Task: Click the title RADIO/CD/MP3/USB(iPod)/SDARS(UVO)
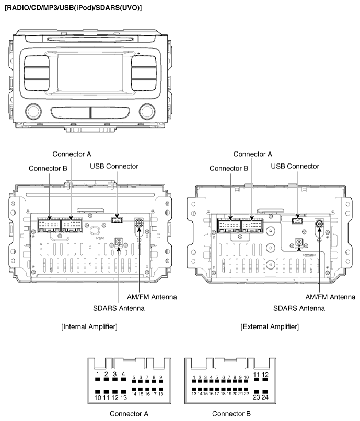(x=73, y=7)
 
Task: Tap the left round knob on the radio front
(x=33, y=111)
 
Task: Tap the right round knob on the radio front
(x=147, y=111)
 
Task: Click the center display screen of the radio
(x=90, y=73)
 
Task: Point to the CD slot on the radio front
(x=90, y=39)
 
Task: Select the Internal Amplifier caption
(x=89, y=327)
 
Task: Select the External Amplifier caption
(x=270, y=327)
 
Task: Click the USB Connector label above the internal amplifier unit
(x=114, y=166)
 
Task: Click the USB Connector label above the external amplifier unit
(x=295, y=166)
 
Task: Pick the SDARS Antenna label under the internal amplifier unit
(x=119, y=308)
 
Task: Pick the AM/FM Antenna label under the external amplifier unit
(x=330, y=297)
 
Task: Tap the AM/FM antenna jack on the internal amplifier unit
(x=139, y=223)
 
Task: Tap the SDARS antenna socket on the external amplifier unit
(x=299, y=243)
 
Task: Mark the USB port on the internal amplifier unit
(x=117, y=220)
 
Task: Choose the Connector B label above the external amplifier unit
(x=229, y=168)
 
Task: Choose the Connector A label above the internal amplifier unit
(x=72, y=154)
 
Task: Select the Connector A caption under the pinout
(x=129, y=414)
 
